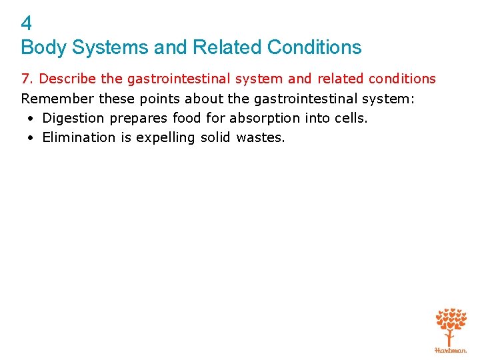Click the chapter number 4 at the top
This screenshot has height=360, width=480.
pyautogui.click(x=27, y=24)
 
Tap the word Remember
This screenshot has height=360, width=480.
pyautogui.click(x=58, y=99)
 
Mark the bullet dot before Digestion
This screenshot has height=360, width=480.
pyautogui.click(x=31, y=119)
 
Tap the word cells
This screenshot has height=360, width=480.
pyautogui.click(x=349, y=118)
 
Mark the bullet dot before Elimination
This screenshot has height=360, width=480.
pyautogui.click(x=31, y=138)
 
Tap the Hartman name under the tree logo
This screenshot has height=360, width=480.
pyautogui.click(x=451, y=349)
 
